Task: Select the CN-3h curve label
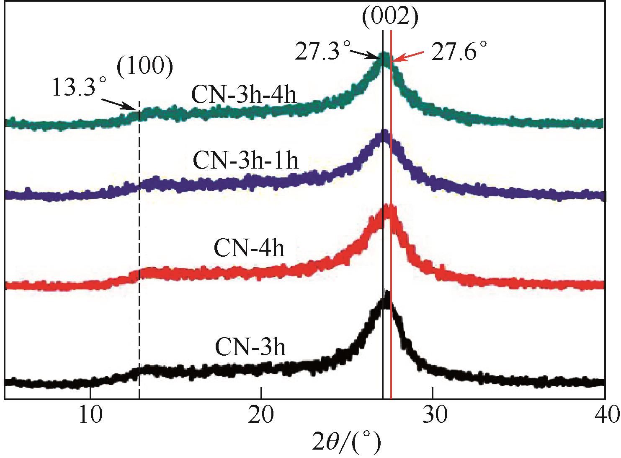[x=250, y=348]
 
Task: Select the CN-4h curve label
[x=249, y=247]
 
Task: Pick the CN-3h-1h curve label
[x=246, y=161]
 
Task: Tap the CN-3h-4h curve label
[x=244, y=96]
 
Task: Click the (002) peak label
[x=390, y=18]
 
